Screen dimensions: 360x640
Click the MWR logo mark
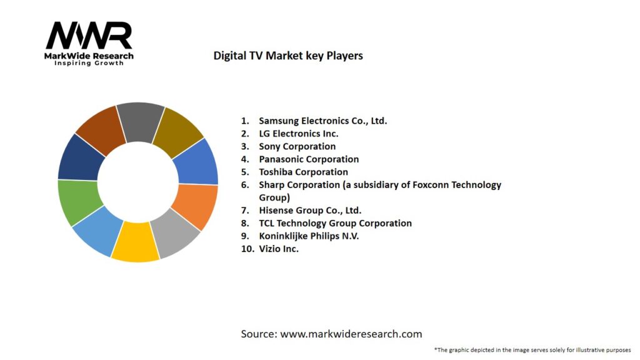click(x=89, y=36)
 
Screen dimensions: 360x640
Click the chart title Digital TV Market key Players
click(x=288, y=56)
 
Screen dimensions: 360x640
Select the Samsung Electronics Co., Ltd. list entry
click(x=322, y=121)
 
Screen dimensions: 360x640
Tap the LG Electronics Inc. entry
click(x=298, y=134)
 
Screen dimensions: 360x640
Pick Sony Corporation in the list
click(x=297, y=146)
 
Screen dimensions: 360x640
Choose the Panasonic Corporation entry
click(x=309, y=159)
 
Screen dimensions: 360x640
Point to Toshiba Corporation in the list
click(x=303, y=172)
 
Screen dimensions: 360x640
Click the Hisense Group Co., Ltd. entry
click(x=310, y=211)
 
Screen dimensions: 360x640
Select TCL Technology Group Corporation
click(x=335, y=223)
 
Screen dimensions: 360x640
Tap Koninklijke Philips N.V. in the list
click(x=309, y=236)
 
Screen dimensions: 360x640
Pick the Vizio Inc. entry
click(x=279, y=249)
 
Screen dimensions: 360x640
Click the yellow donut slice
click(x=134, y=242)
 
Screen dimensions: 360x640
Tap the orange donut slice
click(x=196, y=206)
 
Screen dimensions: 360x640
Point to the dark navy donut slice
click(x=80, y=156)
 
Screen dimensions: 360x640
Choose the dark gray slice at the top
click(x=140, y=121)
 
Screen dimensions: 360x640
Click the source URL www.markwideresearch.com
click(x=351, y=334)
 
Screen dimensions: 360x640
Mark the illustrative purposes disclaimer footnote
click(x=532, y=350)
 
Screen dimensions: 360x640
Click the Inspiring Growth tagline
click(x=89, y=63)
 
